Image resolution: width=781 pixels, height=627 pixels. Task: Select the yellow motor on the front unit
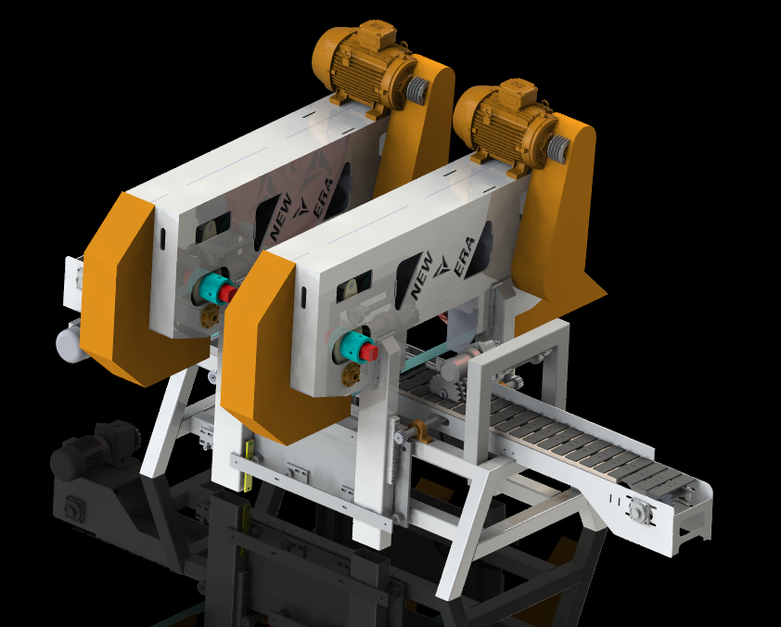click(x=506, y=127)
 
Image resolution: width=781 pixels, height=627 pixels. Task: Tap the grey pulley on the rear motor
click(x=417, y=90)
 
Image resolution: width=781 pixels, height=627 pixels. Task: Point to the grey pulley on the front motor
click(x=557, y=147)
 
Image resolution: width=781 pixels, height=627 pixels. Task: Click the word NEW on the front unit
click(x=421, y=275)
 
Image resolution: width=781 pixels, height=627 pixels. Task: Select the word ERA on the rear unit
click(x=326, y=198)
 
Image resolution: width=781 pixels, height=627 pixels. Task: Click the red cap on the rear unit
click(x=227, y=293)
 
